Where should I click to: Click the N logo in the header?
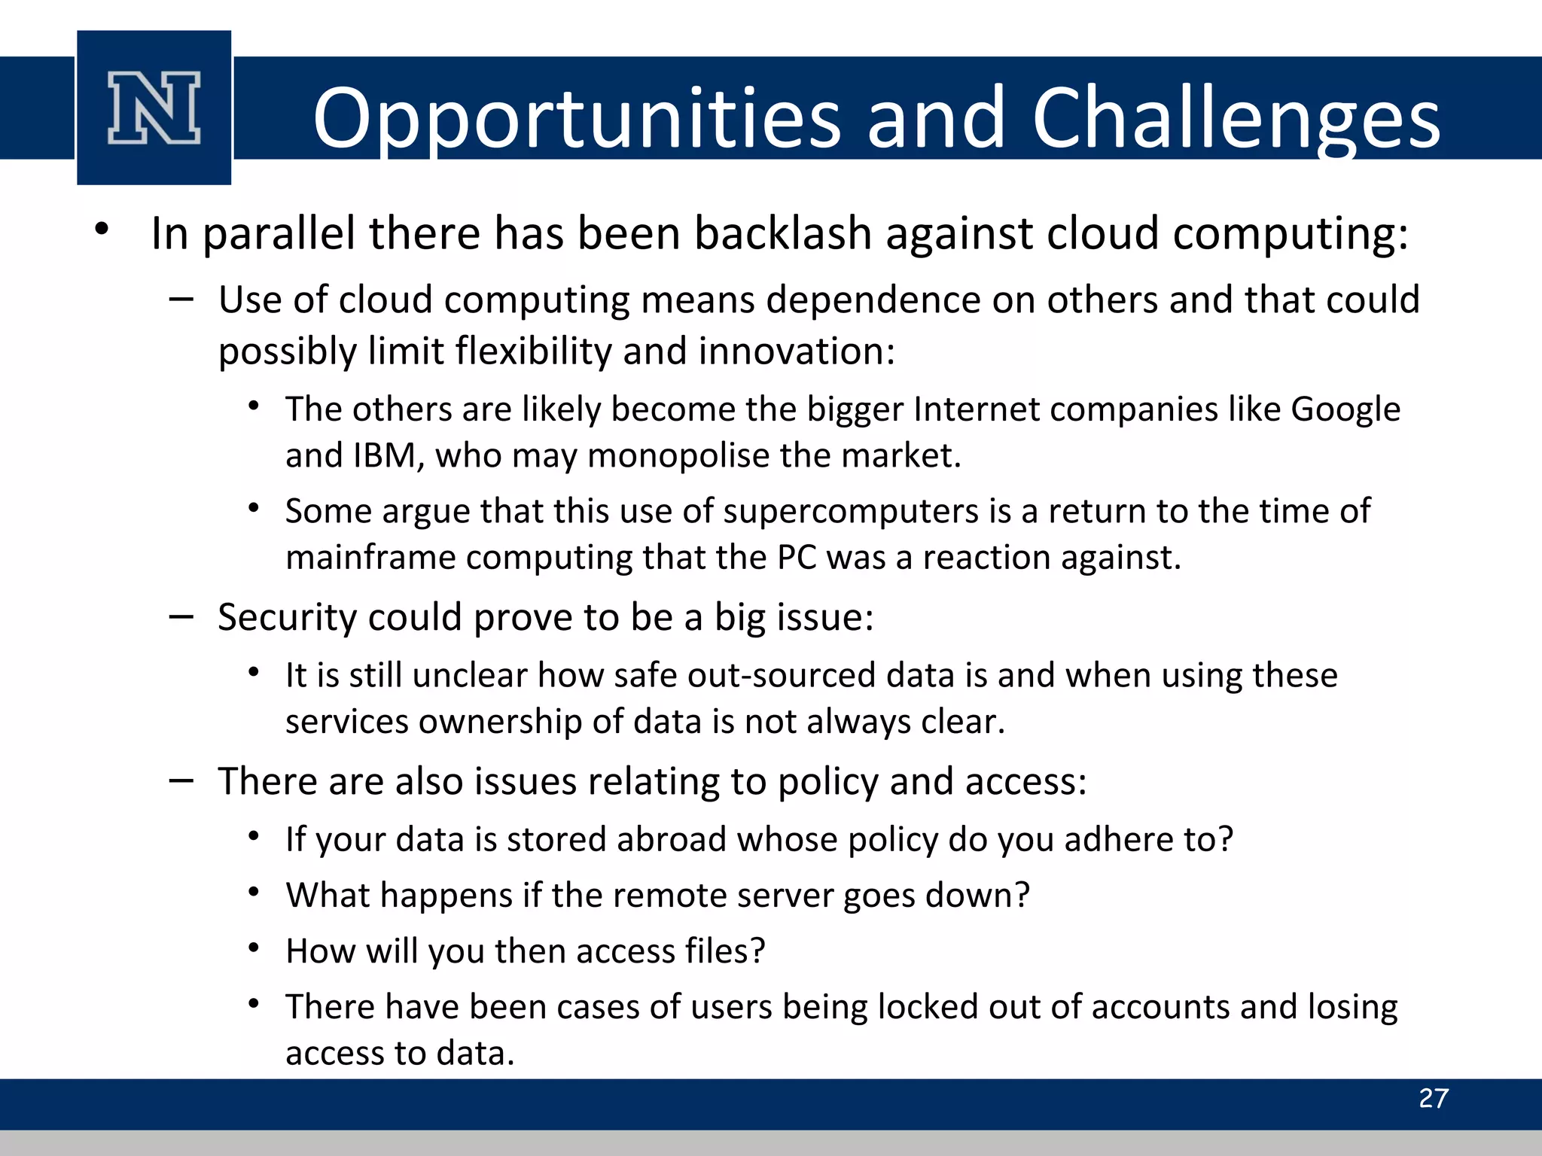pyautogui.click(x=154, y=108)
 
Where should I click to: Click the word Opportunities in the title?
pyautogui.click(x=576, y=118)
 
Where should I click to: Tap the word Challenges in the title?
pyautogui.click(x=1236, y=118)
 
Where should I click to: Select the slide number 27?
pyautogui.click(x=1433, y=1098)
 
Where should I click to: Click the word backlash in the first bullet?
pyautogui.click(x=783, y=233)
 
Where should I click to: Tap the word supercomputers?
pyautogui.click(x=851, y=512)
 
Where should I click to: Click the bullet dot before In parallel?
pyautogui.click(x=102, y=229)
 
